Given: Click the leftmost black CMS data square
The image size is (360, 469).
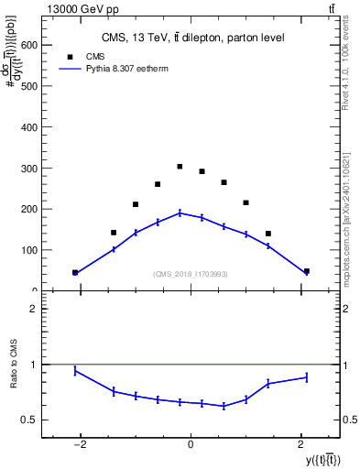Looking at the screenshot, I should coord(75,272).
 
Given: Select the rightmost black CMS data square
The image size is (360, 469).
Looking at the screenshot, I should coord(306,271).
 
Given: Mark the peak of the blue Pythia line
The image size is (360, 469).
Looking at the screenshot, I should coord(180,213).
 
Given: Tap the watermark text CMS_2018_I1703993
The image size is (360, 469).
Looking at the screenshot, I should coord(191,274).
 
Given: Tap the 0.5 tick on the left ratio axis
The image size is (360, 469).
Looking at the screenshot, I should coord(29,420).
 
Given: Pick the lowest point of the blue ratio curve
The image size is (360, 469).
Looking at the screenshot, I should coord(224,406).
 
